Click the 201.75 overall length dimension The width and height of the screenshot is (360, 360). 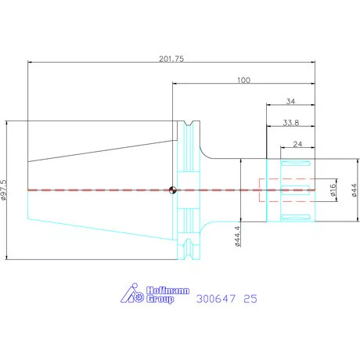[x=171, y=59]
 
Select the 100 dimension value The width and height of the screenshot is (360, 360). [x=243, y=80]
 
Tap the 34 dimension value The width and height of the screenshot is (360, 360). [x=290, y=101]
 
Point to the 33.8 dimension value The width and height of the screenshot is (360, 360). [x=291, y=123]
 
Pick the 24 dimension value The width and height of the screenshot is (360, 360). [x=297, y=144]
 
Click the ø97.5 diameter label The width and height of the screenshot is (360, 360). [x=4, y=190]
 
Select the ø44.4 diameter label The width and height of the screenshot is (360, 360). [x=237, y=236]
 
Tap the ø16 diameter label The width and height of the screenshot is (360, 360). [x=333, y=190]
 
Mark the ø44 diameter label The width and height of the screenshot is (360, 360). [x=354, y=190]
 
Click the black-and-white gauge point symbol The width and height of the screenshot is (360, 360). [x=172, y=190]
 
